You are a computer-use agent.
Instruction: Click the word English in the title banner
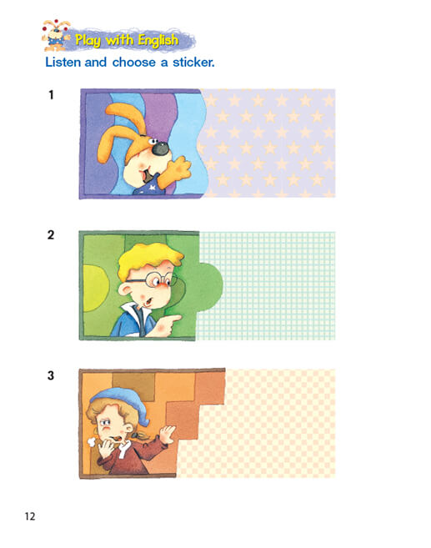tap(158, 41)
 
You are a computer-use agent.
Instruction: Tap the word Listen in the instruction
tap(63, 63)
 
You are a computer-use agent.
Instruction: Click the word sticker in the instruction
tap(193, 63)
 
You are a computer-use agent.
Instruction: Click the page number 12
tap(30, 516)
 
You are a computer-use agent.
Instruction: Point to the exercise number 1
tap(52, 95)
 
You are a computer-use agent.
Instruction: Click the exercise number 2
tap(51, 235)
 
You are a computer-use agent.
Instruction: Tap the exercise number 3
tap(51, 375)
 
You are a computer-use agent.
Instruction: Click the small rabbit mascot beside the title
tap(56, 35)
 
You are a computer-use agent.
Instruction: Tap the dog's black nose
tap(161, 148)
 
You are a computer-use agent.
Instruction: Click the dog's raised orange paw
tap(174, 172)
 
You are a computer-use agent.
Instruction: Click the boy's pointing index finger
tap(173, 319)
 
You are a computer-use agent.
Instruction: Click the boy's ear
tap(124, 289)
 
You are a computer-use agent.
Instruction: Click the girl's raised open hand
tap(168, 434)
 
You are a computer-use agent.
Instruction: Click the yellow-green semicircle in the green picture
tap(96, 288)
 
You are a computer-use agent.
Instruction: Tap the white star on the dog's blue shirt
tap(153, 188)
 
